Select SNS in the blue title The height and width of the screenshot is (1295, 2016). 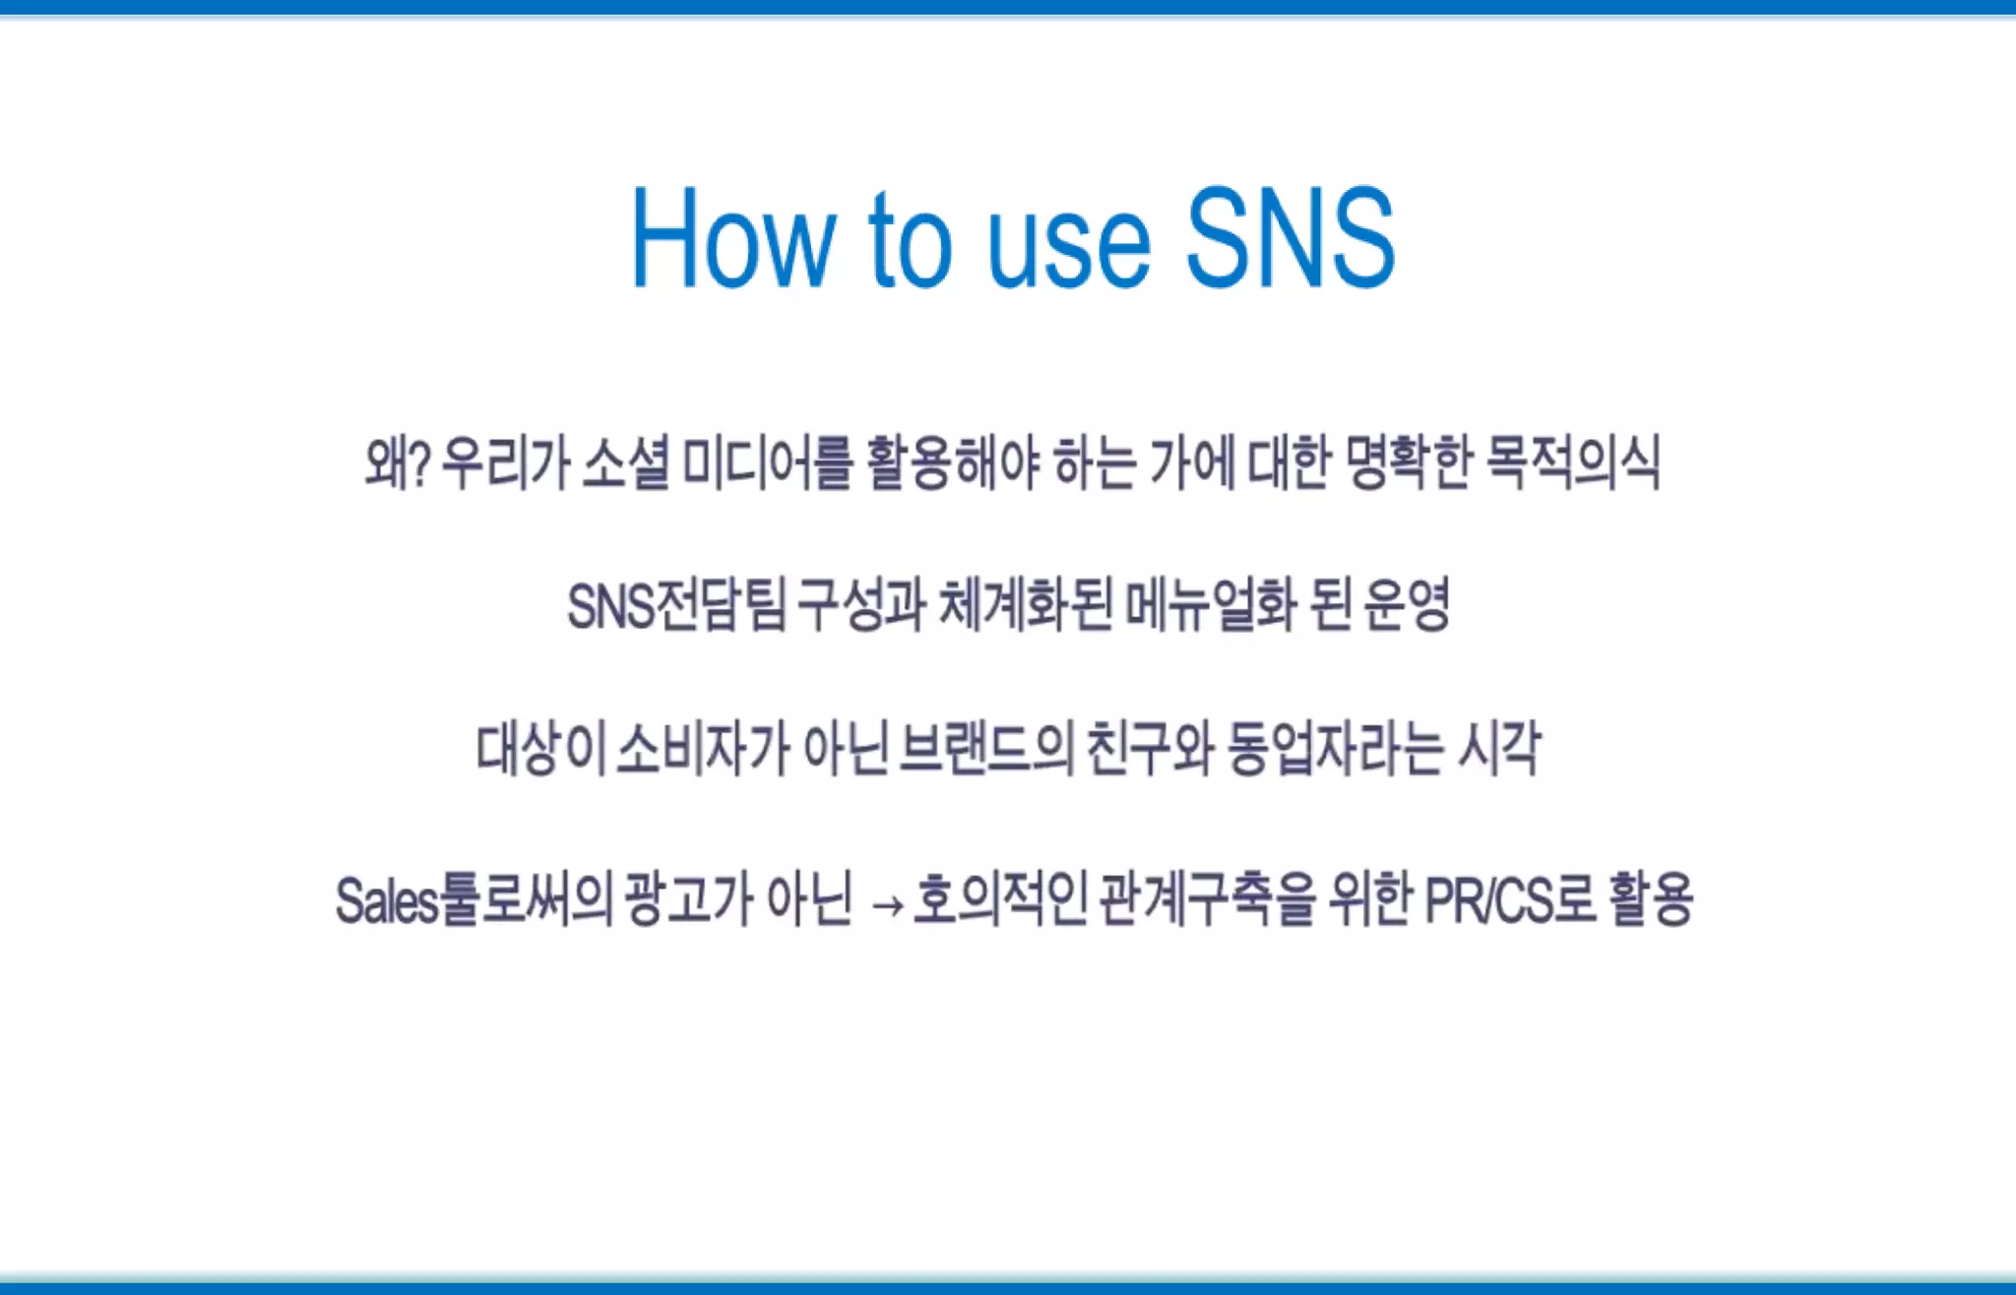coord(1291,238)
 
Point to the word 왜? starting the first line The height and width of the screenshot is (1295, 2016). coord(398,462)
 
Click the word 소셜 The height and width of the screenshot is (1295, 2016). coord(626,462)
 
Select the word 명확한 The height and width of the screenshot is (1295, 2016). coord(1408,462)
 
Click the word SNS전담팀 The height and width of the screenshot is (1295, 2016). coord(676,605)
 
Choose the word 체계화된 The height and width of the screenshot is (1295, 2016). coord(1025,605)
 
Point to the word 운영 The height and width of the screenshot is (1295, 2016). coord(1408,605)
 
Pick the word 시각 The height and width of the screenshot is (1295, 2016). coord(1499,749)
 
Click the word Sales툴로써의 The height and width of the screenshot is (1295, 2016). coord(474,900)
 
